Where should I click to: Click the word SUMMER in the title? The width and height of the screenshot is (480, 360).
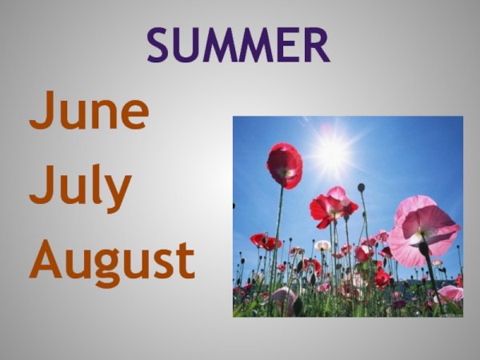pos(238,45)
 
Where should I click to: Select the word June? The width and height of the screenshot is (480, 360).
pos(89,113)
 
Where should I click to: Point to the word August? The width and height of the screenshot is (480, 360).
pos(112,260)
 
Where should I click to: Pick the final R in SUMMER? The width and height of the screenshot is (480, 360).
pos(315,45)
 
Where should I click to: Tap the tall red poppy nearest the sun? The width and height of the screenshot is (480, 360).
pos(284,165)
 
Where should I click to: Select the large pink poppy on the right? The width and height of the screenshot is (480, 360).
pos(424,230)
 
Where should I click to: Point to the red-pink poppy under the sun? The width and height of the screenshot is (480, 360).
pos(333,206)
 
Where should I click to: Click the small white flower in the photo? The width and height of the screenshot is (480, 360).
pos(322,245)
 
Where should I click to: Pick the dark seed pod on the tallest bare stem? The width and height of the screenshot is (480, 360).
pos(361,187)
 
